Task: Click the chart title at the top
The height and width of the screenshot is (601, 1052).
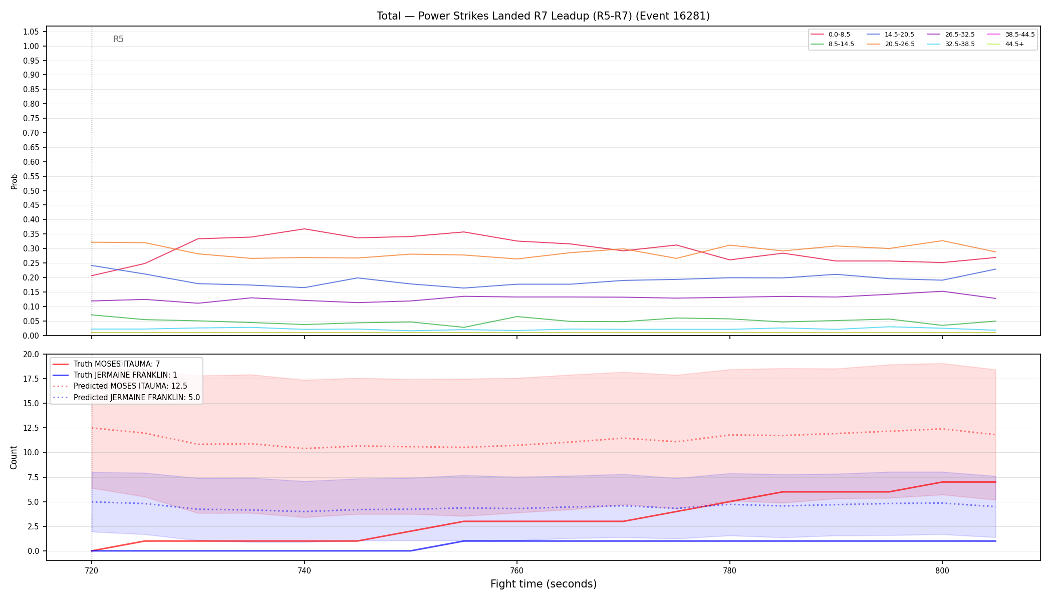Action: coord(543,16)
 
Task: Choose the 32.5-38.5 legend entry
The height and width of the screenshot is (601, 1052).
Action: coord(951,44)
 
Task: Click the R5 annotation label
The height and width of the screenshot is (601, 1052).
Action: coord(118,39)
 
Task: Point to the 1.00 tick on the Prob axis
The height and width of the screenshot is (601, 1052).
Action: coord(31,46)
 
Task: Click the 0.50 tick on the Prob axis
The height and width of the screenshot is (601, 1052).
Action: coord(31,191)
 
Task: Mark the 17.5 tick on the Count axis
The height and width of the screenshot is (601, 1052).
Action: coord(31,379)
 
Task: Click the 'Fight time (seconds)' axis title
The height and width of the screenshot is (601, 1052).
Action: coord(544,584)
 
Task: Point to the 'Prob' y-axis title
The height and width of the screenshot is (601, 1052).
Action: coord(14,181)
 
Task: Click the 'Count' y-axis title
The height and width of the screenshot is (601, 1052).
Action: coord(14,457)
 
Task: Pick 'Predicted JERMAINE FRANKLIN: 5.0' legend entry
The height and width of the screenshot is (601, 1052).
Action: coord(126,398)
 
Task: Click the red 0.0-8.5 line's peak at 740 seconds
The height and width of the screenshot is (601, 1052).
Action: coord(304,229)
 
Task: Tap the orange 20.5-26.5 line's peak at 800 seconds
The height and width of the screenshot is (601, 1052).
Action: coord(942,241)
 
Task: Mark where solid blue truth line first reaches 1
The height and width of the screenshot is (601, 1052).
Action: coord(463,541)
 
